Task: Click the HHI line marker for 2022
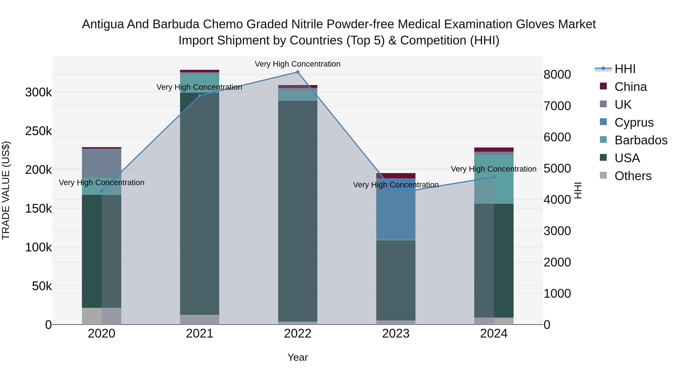point(298,72)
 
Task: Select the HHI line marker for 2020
point(102,191)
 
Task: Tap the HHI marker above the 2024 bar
point(494,177)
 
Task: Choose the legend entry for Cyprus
point(634,122)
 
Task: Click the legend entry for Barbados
point(641,140)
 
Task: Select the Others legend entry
point(633,176)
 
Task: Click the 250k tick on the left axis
point(38,131)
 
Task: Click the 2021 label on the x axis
point(199,334)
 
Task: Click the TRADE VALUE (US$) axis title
point(6,190)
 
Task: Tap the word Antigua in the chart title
point(103,24)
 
